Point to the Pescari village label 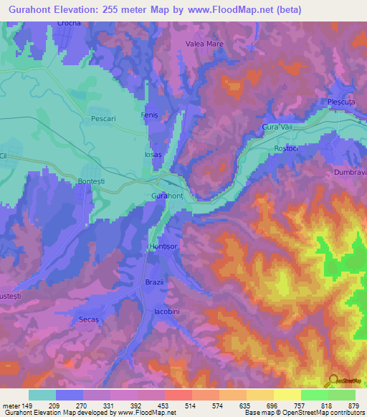pyautogui.click(x=103, y=119)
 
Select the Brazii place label pyautogui.click(x=156, y=282)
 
